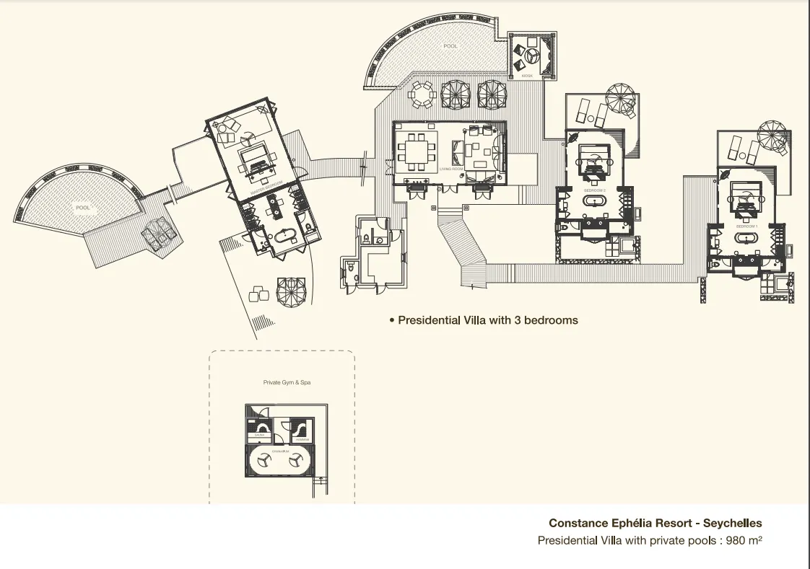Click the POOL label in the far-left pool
click(x=83, y=208)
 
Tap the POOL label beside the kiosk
click(x=450, y=46)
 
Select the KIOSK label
click(x=527, y=75)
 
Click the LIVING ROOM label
click(x=450, y=169)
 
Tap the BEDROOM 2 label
click(x=594, y=190)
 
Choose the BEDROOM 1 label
click(x=746, y=226)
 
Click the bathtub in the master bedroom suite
click(x=279, y=236)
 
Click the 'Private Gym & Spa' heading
click(x=287, y=383)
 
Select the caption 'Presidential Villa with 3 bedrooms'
click(x=488, y=319)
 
